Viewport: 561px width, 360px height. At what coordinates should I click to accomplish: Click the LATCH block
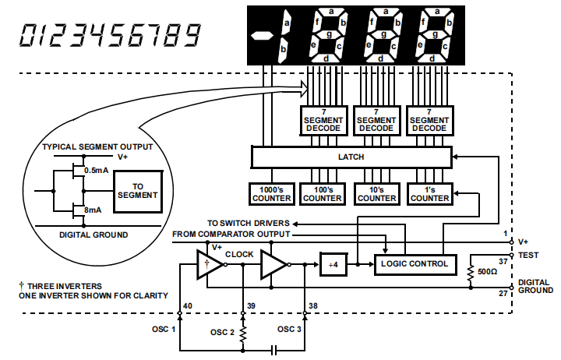(x=351, y=157)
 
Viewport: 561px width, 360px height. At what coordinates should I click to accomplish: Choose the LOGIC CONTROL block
(x=415, y=264)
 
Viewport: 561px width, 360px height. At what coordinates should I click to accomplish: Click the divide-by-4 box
(x=333, y=265)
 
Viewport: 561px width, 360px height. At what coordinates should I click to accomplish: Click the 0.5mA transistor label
(x=96, y=170)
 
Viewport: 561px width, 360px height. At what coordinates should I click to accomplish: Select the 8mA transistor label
(x=93, y=209)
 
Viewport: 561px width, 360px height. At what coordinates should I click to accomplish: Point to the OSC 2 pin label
(x=221, y=333)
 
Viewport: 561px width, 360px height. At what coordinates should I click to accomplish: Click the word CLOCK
(x=239, y=254)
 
